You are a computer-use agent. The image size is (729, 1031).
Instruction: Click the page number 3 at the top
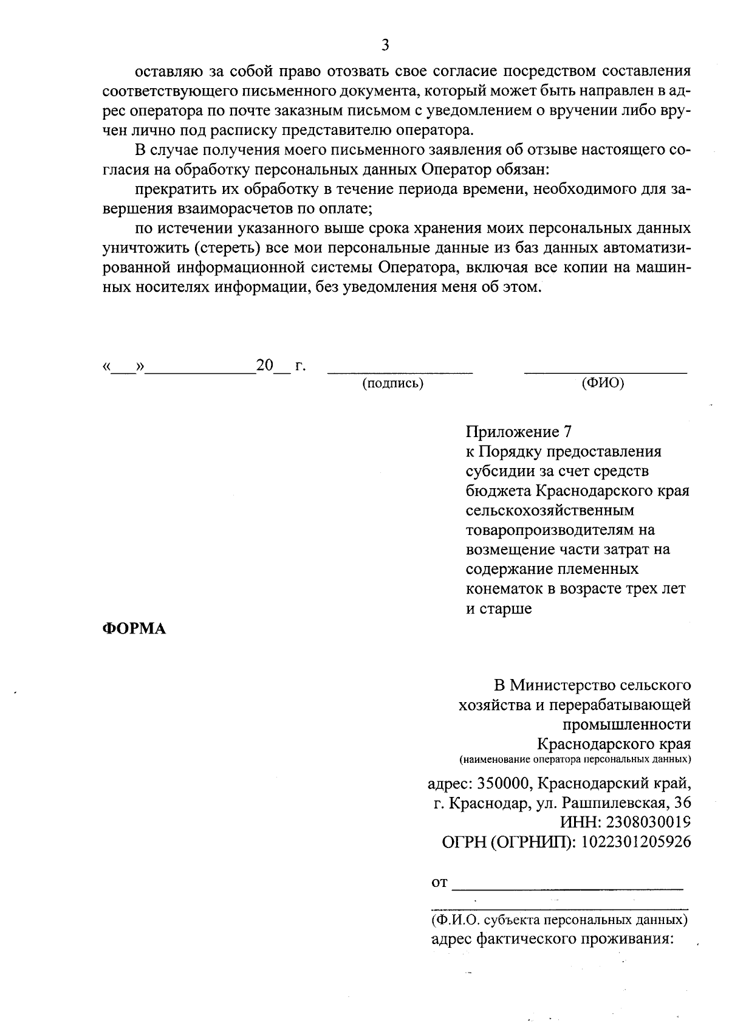click(x=385, y=44)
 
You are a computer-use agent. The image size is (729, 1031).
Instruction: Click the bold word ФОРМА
click(x=133, y=629)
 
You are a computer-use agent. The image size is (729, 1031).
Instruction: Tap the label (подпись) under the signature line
click(x=392, y=384)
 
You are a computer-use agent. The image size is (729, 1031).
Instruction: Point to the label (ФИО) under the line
click(x=603, y=383)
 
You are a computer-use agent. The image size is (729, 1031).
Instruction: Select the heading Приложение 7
click(x=519, y=432)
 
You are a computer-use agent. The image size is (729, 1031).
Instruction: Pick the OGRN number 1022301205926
click(x=636, y=842)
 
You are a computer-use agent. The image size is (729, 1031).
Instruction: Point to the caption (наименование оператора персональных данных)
click(x=575, y=759)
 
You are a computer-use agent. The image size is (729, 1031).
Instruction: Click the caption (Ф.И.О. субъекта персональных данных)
click(x=559, y=920)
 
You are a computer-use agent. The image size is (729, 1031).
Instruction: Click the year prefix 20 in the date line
click(x=265, y=365)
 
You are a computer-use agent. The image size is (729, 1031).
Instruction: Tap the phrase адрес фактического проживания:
click(x=552, y=939)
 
